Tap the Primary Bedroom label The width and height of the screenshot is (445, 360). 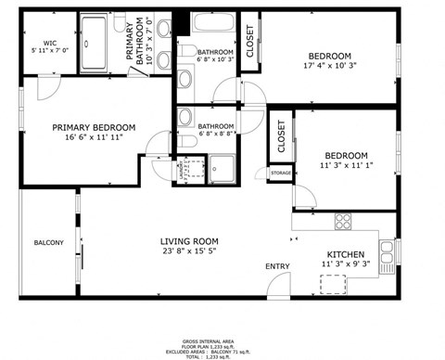coord(94,128)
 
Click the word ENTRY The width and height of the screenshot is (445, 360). coord(277,267)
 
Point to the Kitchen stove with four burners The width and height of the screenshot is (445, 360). coord(343,221)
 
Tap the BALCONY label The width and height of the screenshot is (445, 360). coord(48,243)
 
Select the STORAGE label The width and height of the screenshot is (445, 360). coord(280,174)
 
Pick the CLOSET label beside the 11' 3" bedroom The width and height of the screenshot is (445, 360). coord(281,136)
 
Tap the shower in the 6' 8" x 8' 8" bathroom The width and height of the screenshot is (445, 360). coord(222,168)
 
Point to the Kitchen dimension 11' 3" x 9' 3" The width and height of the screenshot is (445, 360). coord(345,264)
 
